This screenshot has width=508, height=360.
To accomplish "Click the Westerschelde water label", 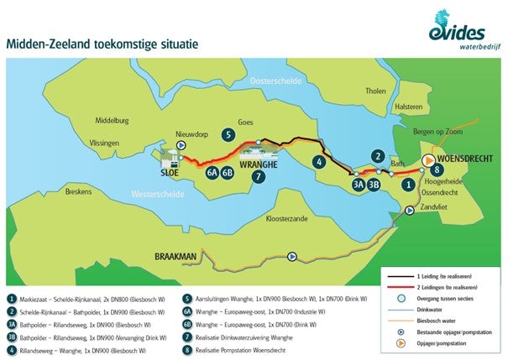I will (159, 194).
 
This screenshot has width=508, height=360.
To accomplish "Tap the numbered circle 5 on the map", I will (228, 133).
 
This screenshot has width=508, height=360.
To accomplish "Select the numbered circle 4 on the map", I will (319, 161).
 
